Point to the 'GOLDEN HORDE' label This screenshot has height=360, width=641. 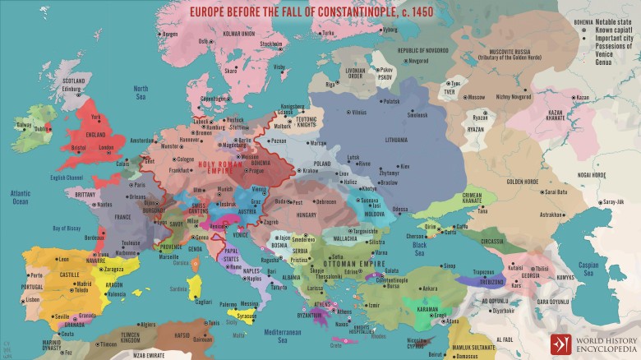[522, 182]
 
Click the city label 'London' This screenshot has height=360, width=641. [106, 148]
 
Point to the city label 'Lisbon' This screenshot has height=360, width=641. [33, 300]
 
